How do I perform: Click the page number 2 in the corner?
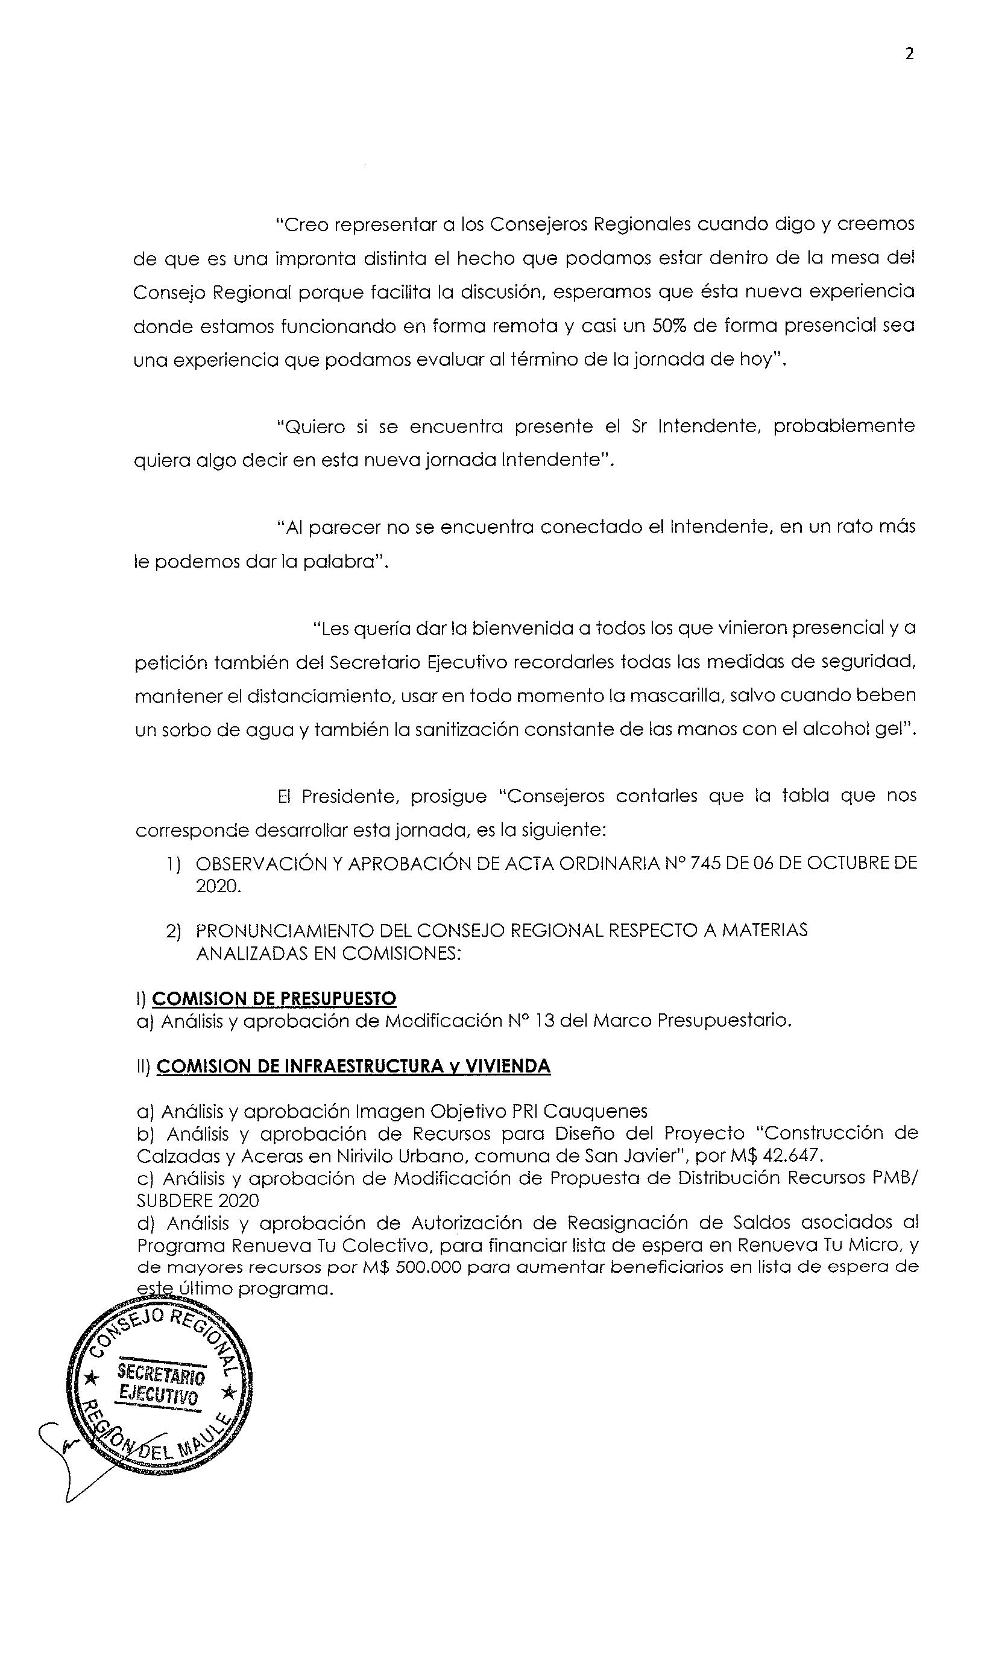909,54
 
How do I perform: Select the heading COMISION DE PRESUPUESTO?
274,998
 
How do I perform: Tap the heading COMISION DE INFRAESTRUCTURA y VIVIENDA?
353,1066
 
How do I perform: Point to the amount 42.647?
792,1156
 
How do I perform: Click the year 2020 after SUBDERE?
238,1200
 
